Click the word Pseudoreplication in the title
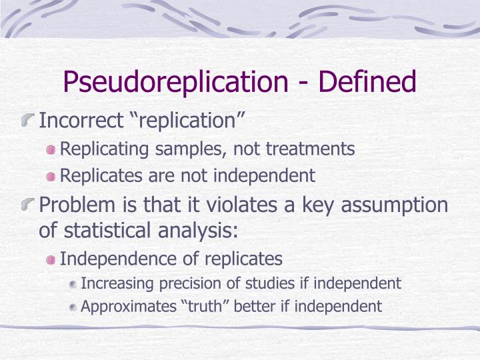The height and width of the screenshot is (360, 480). (x=171, y=82)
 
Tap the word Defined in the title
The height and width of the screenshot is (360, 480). (x=367, y=82)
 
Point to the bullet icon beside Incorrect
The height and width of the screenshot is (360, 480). (x=29, y=121)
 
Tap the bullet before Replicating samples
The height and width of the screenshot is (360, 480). (x=51, y=150)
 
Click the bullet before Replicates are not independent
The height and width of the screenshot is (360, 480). (x=51, y=177)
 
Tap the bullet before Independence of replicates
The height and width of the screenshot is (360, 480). (x=51, y=259)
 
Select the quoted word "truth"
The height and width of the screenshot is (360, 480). (x=200, y=307)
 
